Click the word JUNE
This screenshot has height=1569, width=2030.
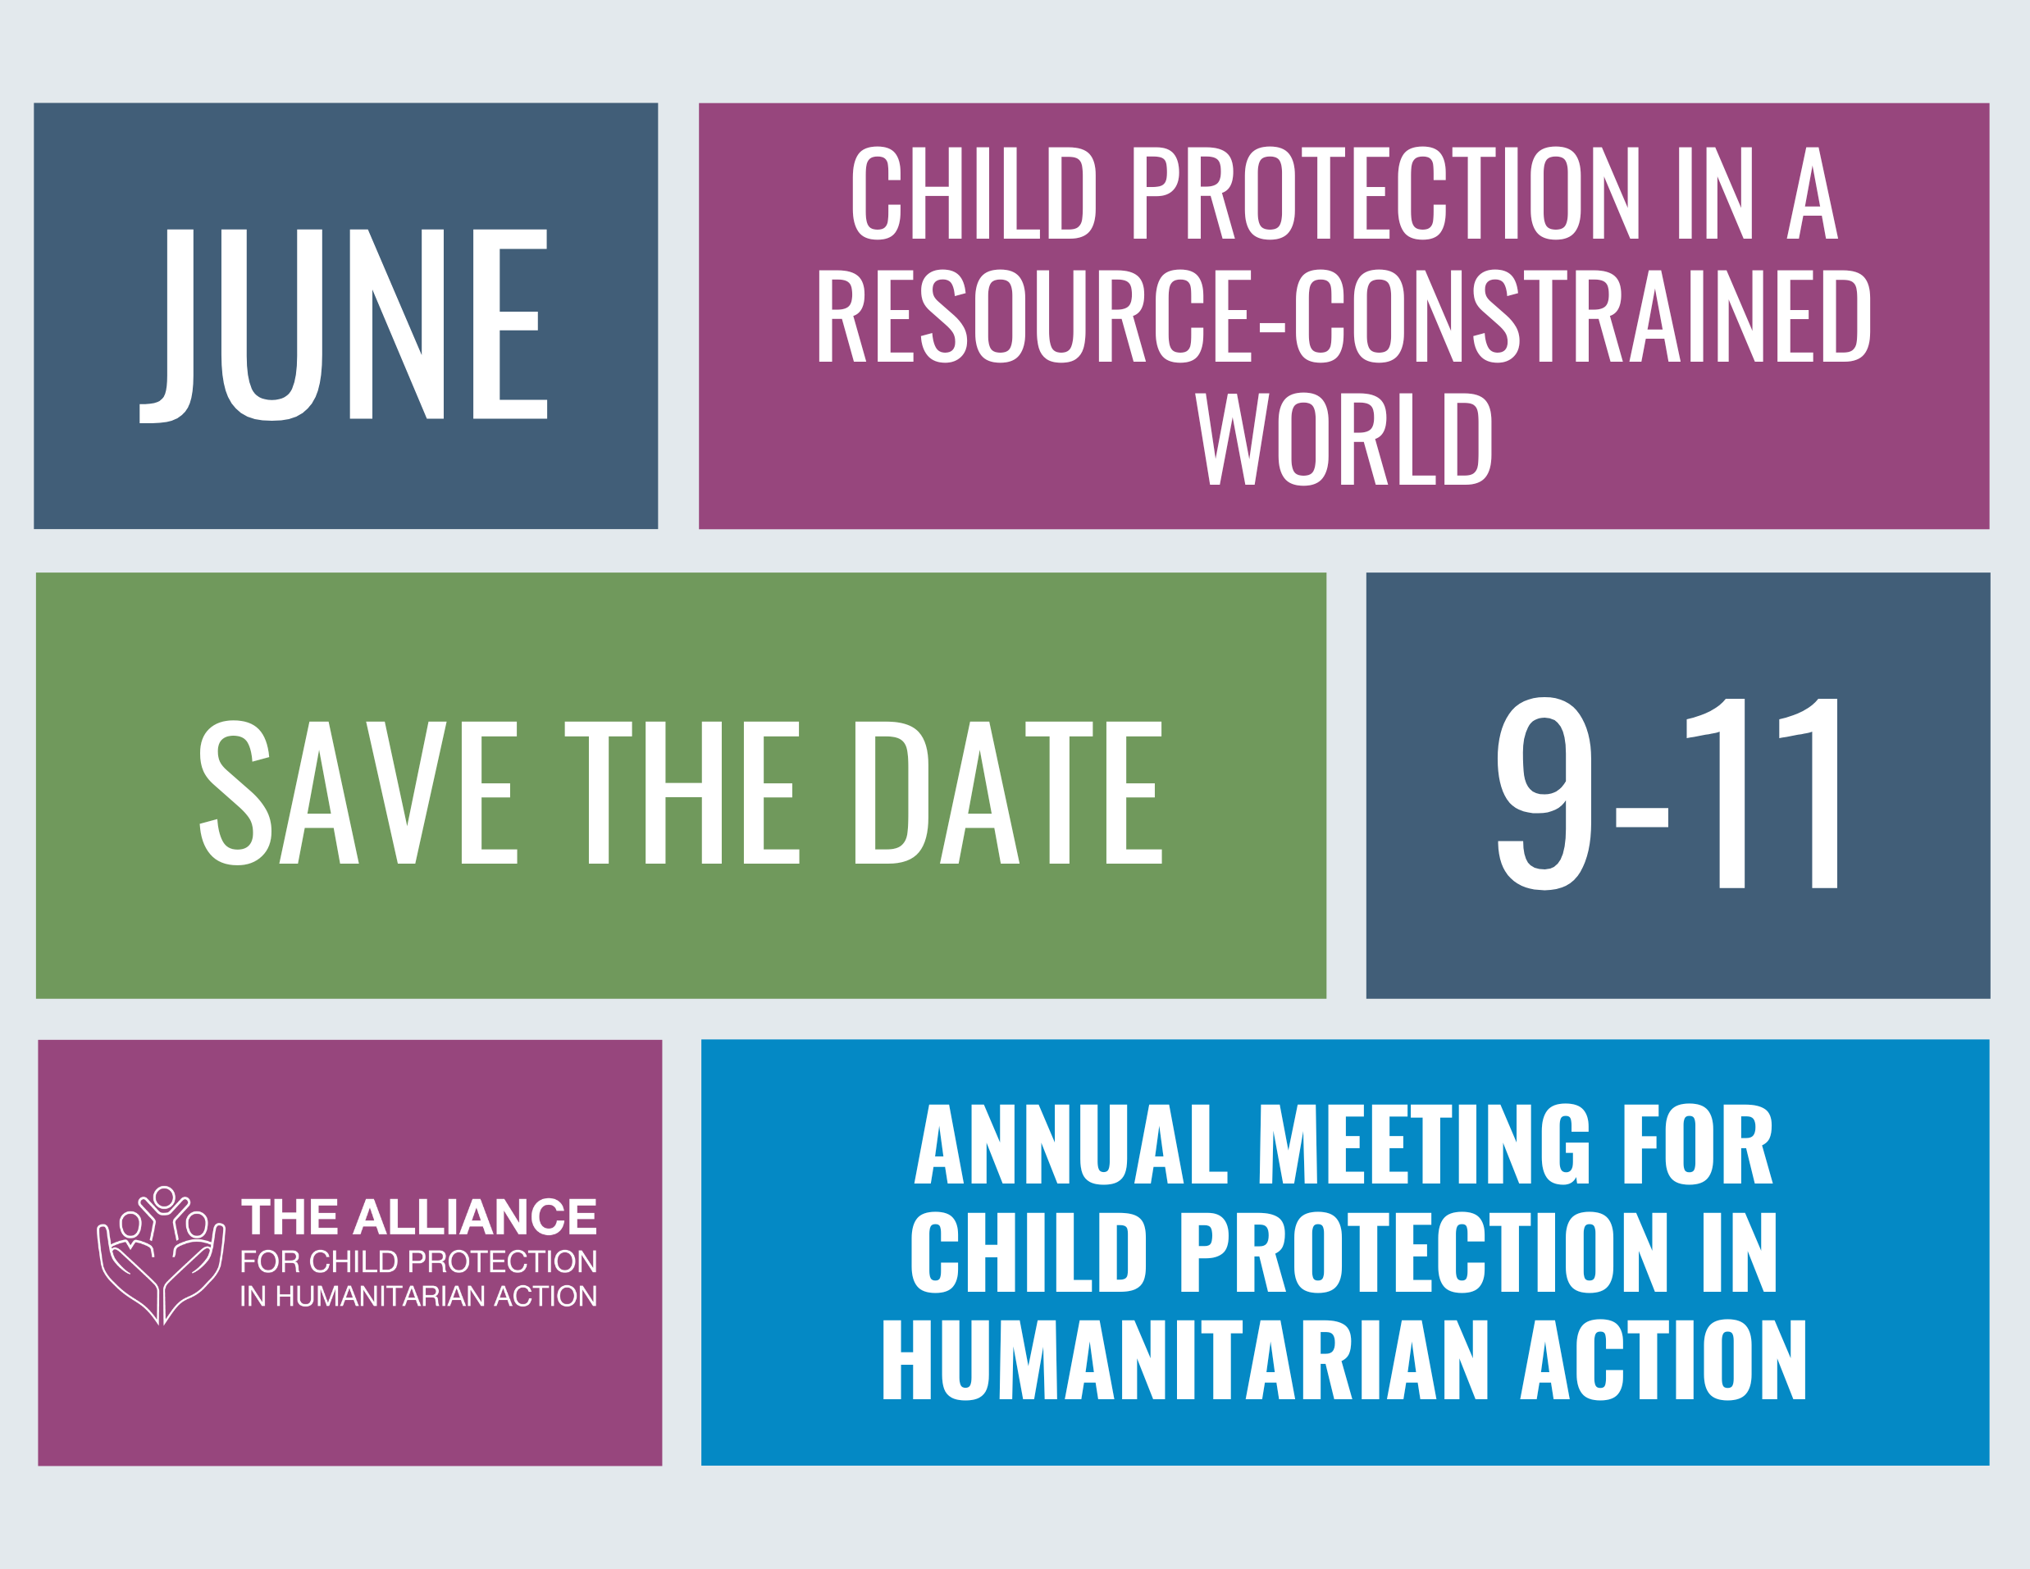click(x=343, y=326)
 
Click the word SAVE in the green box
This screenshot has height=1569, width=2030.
click(x=358, y=793)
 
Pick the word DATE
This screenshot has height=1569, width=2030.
click(x=1009, y=793)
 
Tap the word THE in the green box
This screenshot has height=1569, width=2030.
click(x=682, y=793)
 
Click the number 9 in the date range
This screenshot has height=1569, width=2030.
click(x=1544, y=793)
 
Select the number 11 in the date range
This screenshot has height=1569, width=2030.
click(x=1761, y=793)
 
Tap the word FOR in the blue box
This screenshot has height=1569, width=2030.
click(x=1698, y=1144)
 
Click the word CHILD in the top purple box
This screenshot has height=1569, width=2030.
click(x=974, y=194)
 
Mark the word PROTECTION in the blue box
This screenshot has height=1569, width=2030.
click(x=1425, y=1252)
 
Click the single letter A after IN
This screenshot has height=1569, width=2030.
click(x=1813, y=194)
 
